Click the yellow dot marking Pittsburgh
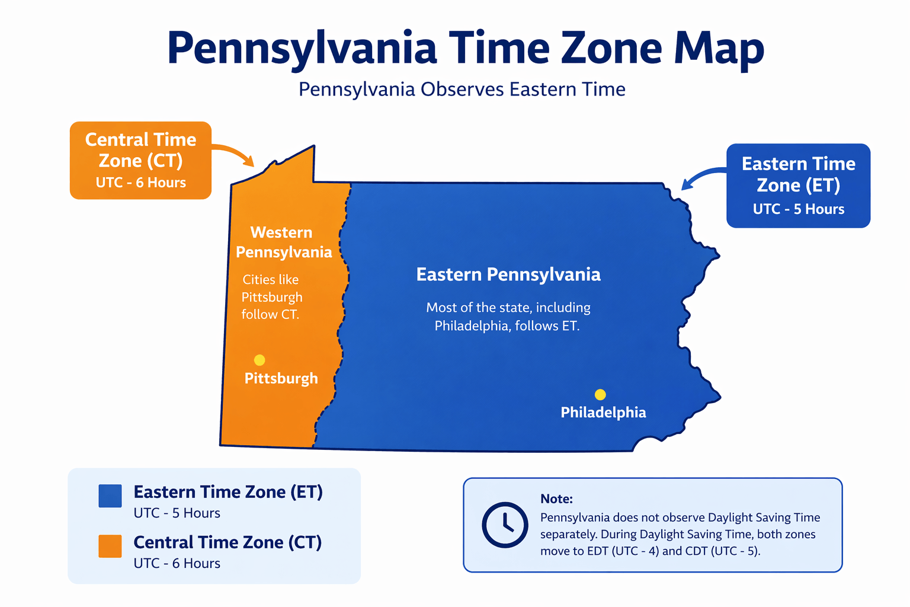tap(259, 360)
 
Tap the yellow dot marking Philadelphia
tap(600, 395)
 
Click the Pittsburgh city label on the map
tap(281, 379)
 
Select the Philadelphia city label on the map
tap(603, 413)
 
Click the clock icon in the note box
tap(505, 525)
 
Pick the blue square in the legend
tap(110, 496)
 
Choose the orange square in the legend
tap(110, 546)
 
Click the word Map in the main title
tap(719, 49)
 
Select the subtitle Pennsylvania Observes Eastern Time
tap(462, 90)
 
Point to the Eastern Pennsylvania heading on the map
tap(508, 274)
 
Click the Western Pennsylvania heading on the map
tap(283, 242)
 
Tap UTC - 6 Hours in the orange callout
tap(141, 183)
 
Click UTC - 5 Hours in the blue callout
tap(798, 209)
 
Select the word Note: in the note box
tap(556, 499)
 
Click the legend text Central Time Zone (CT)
tap(227, 542)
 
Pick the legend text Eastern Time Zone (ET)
tap(228, 492)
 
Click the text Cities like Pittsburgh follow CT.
tap(271, 297)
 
